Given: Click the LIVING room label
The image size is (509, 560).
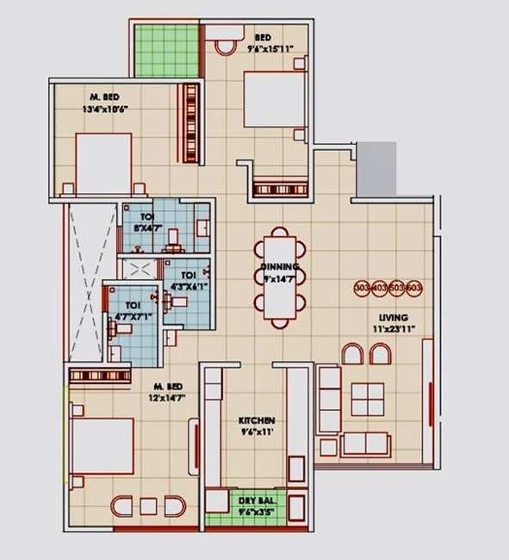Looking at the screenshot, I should coord(394,318).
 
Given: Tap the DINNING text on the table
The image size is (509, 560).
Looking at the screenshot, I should coord(279,268).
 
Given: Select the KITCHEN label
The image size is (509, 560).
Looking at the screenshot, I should coord(256,421).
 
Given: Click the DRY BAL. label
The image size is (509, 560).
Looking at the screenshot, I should coord(255,499).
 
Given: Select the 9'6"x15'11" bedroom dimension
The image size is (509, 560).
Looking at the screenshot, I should coord(271,49).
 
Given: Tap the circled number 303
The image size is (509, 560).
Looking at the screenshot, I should coord(363,289).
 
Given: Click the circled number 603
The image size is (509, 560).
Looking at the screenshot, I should coord(414,289).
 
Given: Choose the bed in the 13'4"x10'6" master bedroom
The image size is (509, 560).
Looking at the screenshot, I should coord(102,162).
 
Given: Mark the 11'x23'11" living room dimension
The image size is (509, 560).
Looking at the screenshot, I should coord(394,329).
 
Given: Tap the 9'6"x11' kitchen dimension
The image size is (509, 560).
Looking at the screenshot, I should coord(256,432).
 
